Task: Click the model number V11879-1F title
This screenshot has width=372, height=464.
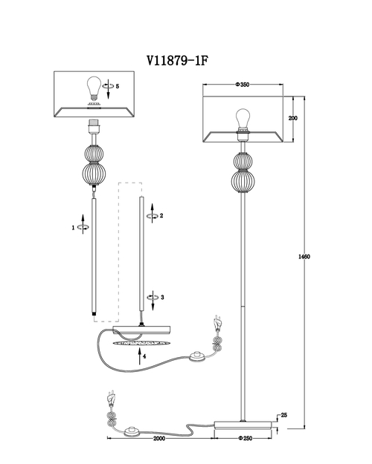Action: point(177,61)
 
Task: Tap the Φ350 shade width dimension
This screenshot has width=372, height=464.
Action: point(243,85)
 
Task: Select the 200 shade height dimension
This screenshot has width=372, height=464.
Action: point(293,118)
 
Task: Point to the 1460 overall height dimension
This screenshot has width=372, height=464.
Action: point(304,257)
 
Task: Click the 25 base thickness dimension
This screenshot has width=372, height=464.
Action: point(284,415)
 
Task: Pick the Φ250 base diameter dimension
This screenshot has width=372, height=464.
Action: point(245,438)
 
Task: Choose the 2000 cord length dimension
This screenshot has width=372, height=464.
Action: point(159,438)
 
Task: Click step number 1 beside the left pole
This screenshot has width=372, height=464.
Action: point(73,228)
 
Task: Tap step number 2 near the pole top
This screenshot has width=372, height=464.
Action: point(161,216)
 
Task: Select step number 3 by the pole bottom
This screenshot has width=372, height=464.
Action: point(162,297)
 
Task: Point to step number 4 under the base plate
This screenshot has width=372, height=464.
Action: point(144,356)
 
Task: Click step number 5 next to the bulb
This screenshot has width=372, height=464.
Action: point(118,86)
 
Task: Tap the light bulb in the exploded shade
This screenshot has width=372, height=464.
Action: point(94,88)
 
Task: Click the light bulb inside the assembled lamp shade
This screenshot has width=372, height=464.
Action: point(243,120)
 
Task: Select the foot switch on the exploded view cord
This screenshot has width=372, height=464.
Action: point(196,356)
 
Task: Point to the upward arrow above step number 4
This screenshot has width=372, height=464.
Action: point(139,356)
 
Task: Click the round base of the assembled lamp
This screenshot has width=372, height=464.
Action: point(243,425)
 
